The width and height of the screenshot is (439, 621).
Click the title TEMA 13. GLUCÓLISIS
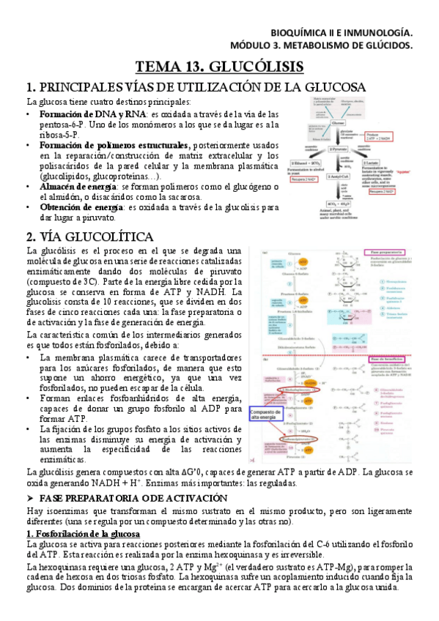coord(219,66)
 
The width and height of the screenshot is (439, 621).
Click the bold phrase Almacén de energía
coord(81,187)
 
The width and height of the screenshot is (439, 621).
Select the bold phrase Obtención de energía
coord(81,207)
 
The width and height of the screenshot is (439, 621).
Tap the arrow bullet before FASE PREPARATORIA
coord(30,497)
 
